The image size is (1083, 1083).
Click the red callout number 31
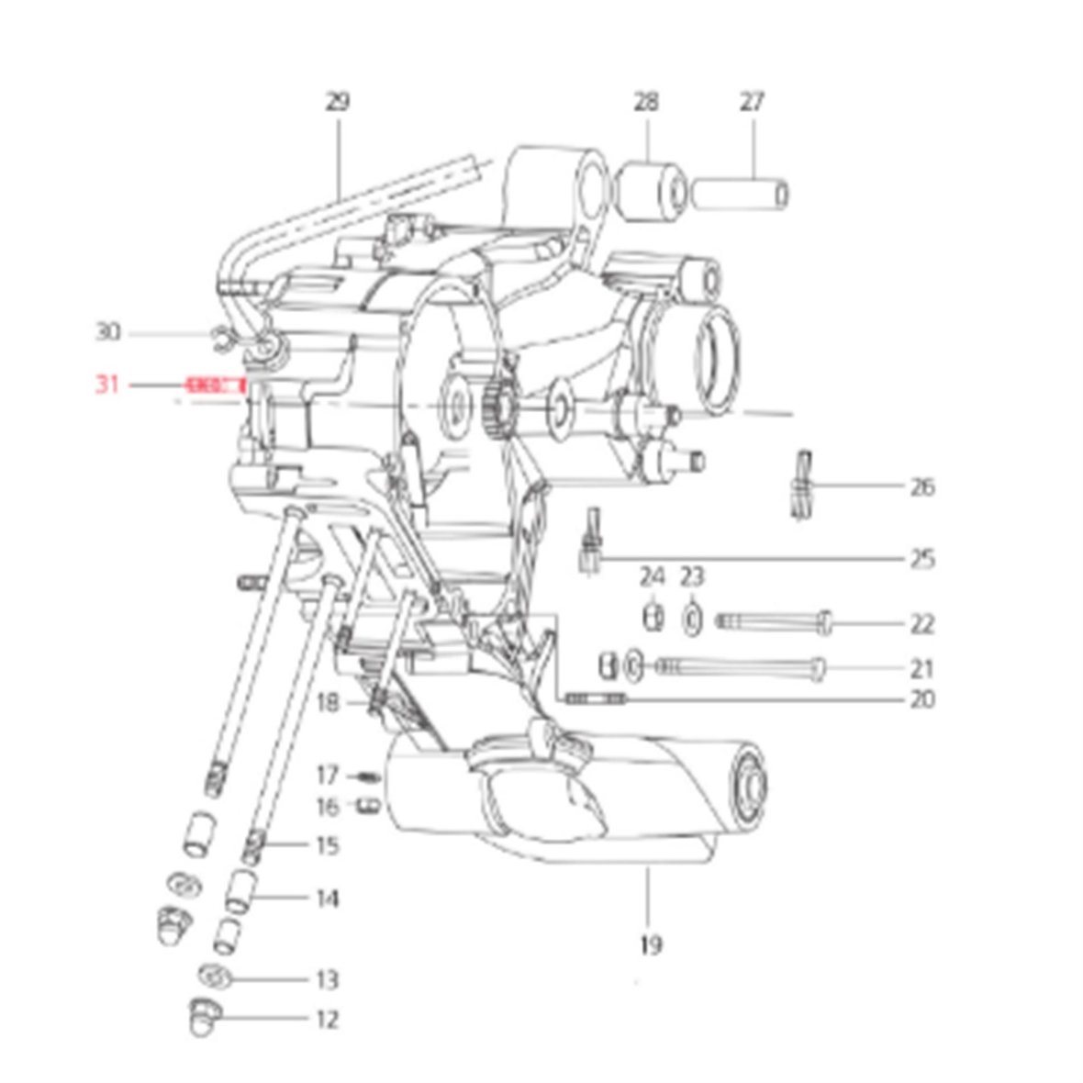pos(108,385)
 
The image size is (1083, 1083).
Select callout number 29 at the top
pos(337,101)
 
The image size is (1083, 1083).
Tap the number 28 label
pos(645,101)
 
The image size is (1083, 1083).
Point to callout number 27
pos(752,101)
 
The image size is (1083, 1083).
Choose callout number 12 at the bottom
pos(327,1020)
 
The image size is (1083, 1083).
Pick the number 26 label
pos(921,486)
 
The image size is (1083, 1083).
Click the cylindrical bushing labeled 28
pos(653,191)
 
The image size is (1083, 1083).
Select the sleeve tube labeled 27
pos(740,195)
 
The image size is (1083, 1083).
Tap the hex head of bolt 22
pos(825,624)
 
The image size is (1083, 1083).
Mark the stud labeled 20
pos(597,699)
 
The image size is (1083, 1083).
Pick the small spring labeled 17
pos(367,776)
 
